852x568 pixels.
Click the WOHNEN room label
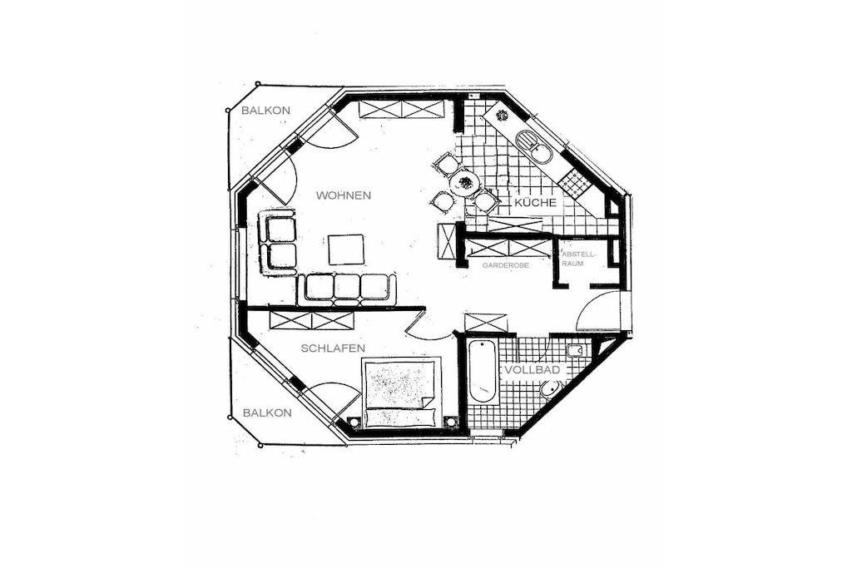(344, 195)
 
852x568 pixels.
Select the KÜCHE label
(535, 203)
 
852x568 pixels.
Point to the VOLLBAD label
(532, 370)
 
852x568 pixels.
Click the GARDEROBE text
(505, 265)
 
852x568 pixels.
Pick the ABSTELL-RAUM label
(579, 259)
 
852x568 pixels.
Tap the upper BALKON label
(265, 111)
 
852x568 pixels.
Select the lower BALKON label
(267, 412)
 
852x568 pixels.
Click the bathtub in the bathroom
(482, 372)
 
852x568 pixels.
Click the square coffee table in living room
(345, 249)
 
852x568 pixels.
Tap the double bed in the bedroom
(400, 392)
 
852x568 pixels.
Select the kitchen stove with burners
(574, 183)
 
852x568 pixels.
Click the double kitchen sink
(534, 146)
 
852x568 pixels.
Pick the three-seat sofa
(346, 288)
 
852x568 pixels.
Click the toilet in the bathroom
(552, 390)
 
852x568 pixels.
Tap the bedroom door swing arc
(428, 329)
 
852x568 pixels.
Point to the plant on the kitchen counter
(502, 115)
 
